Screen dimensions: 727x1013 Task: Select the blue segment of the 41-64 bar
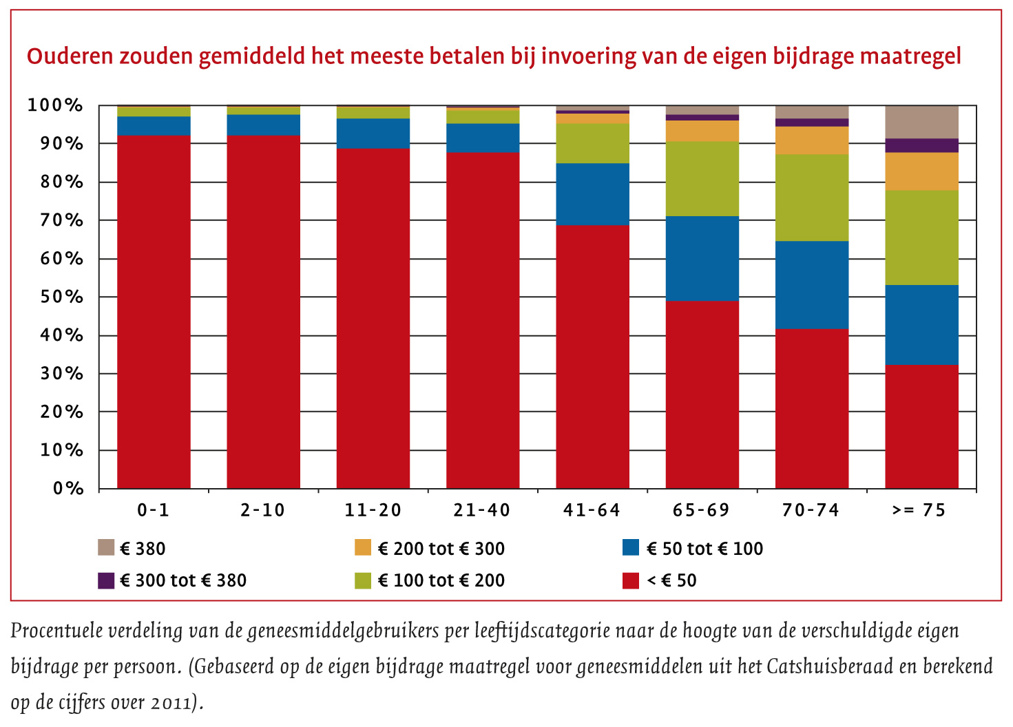click(592, 194)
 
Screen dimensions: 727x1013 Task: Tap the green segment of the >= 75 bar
click(921, 238)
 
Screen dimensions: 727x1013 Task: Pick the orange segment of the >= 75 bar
click(921, 171)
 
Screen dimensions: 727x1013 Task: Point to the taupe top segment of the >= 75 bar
click(921, 122)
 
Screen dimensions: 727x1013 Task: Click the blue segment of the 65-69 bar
click(702, 258)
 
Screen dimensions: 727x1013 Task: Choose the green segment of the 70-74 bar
click(812, 198)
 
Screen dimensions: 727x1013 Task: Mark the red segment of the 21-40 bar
click(483, 320)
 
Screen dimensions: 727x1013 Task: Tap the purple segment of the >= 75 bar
click(921, 145)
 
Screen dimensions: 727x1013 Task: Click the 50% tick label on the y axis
click(55, 297)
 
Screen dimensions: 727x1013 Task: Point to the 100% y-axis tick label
click(55, 106)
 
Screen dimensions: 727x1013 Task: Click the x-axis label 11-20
click(373, 510)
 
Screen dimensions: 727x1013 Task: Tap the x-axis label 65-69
click(701, 510)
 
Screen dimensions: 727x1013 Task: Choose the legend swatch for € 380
click(106, 548)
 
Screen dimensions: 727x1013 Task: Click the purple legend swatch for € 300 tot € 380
click(106, 580)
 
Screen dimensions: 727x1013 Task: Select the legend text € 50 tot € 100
click(704, 549)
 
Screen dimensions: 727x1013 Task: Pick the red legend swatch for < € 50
click(630, 580)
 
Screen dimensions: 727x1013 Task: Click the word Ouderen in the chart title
click(70, 56)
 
